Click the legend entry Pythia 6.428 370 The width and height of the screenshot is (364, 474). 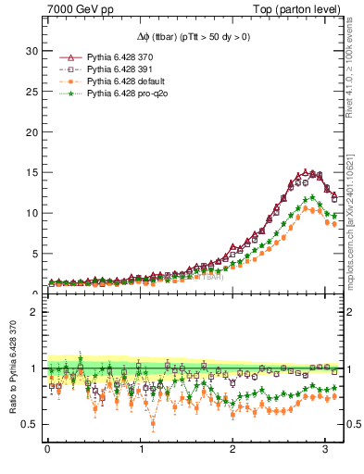point(119,58)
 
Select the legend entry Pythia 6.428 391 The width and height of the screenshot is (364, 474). point(119,69)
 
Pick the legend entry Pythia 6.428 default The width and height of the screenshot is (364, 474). point(122,81)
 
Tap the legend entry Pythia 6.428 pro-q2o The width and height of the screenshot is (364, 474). point(123,92)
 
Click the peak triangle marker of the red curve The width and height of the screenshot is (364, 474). point(305,172)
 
